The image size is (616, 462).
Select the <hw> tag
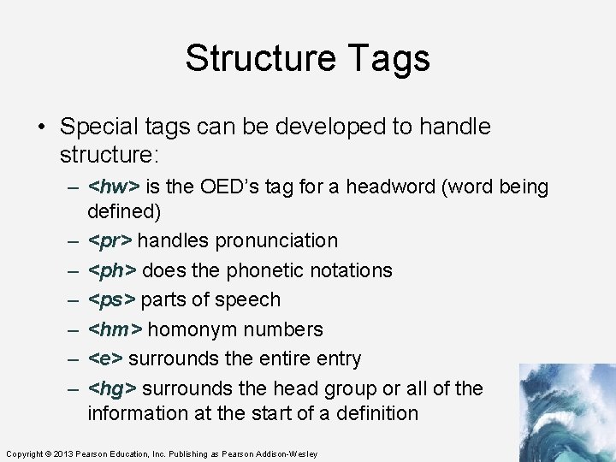115,187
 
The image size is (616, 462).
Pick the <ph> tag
112,270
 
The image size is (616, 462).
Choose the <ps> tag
111,300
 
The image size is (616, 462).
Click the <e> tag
105,358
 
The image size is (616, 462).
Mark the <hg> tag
112,388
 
